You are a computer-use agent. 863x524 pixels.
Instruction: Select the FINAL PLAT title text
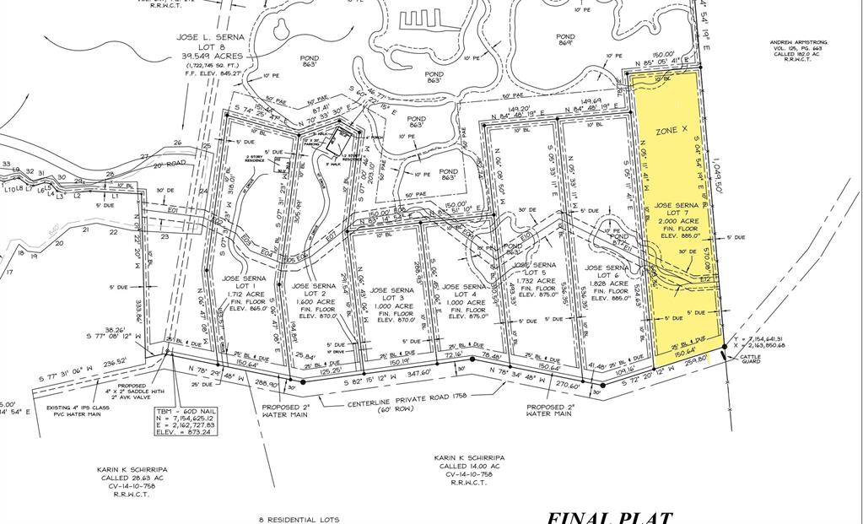coord(609,516)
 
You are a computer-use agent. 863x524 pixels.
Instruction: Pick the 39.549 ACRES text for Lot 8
coord(210,57)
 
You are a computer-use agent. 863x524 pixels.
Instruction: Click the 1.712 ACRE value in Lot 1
coord(244,294)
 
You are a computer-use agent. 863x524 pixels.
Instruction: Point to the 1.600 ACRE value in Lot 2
coord(314,301)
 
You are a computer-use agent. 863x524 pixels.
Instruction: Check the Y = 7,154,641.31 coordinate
coord(759,338)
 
